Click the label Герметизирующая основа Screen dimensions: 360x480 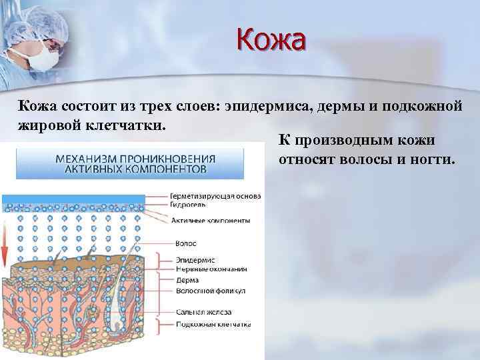click(215, 197)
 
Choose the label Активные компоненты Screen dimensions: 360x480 click(210, 220)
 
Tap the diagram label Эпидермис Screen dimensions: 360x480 click(191, 261)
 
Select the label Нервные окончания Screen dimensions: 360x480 click(211, 269)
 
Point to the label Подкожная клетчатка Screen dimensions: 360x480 click(213, 325)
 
